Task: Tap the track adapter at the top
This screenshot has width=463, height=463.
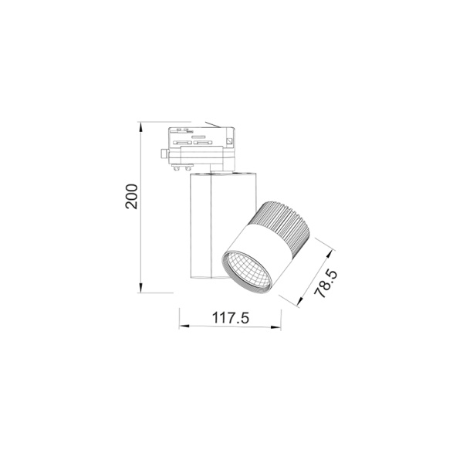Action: coord(201,147)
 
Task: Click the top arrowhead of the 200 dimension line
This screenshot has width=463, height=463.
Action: coord(140,125)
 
